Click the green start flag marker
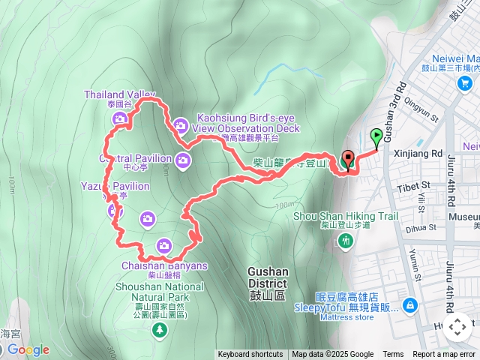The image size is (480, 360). (376, 138)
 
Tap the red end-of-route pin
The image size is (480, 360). (347, 160)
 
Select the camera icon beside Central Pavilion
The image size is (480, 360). (184, 159)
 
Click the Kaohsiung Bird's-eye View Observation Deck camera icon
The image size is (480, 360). (181, 124)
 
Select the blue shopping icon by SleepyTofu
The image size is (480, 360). (410, 305)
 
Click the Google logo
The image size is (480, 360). (28, 349)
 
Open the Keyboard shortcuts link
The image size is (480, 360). (250, 355)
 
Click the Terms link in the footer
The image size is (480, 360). (393, 355)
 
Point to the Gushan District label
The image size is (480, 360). (268, 283)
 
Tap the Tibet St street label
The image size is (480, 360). (414, 184)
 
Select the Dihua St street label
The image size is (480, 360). (421, 226)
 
